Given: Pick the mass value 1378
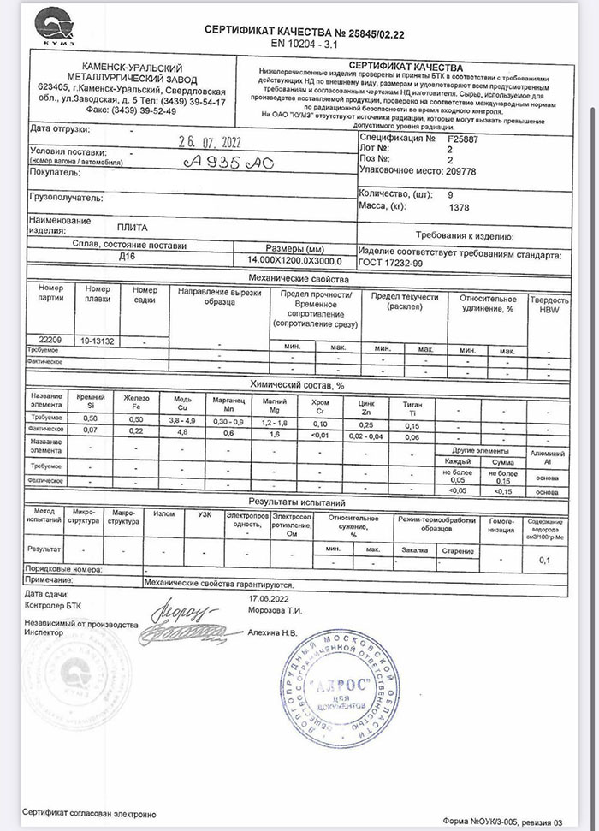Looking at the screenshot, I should tap(460, 207).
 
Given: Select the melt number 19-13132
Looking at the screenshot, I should tap(98, 340).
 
